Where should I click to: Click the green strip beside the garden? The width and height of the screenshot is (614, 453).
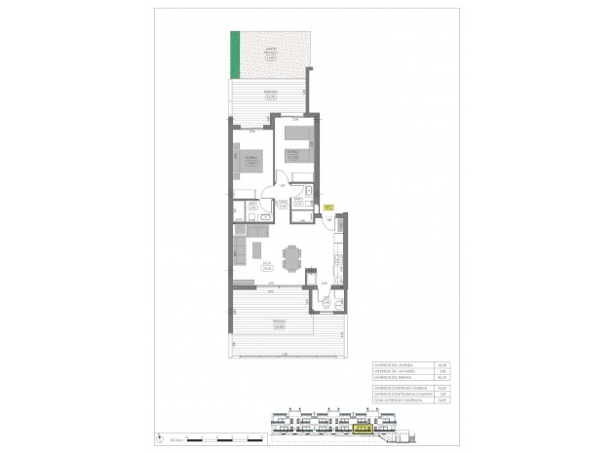(x=234, y=55)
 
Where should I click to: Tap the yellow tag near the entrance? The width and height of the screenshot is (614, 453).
(x=328, y=207)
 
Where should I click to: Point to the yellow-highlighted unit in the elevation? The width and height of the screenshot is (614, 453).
(x=363, y=426)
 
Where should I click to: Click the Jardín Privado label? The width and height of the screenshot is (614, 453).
(x=272, y=51)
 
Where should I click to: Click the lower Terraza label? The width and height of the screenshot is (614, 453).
(x=279, y=323)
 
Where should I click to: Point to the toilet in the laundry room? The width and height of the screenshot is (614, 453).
(x=337, y=306)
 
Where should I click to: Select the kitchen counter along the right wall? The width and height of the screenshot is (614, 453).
(x=336, y=258)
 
